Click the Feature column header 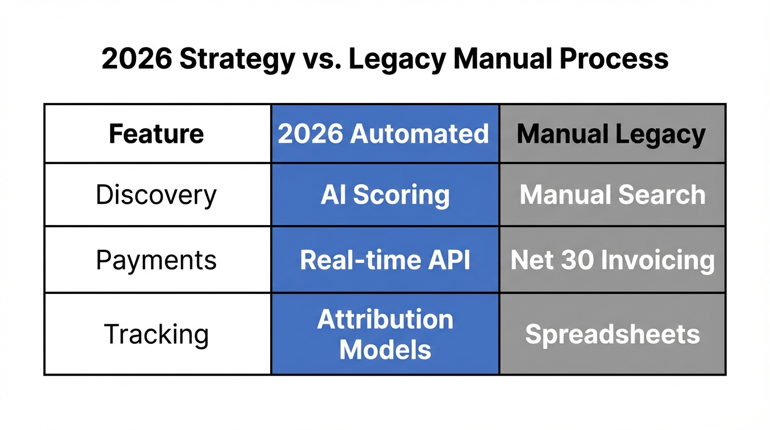(156, 134)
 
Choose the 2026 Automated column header (384, 134)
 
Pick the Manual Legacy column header (611, 134)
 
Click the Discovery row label (156, 195)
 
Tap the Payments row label (156, 260)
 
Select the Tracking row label (156, 334)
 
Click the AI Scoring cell (385, 195)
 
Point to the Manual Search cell (612, 195)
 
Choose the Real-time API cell (385, 260)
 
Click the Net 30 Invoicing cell (612, 260)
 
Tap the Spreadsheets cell (612, 334)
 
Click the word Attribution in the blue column (385, 320)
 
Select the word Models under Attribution (385, 350)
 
